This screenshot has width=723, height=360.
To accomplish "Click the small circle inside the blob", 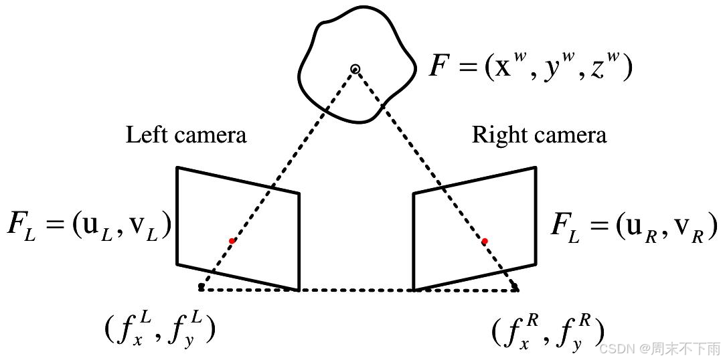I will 355,68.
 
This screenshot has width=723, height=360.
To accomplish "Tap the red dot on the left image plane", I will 232,241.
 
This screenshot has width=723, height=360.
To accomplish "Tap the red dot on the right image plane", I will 485,241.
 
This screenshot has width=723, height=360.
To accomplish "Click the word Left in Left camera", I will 143,135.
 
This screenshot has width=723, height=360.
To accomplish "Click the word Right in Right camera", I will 495,136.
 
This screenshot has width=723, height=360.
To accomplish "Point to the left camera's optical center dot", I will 201,287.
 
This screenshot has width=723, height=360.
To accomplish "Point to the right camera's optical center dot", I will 515,288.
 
